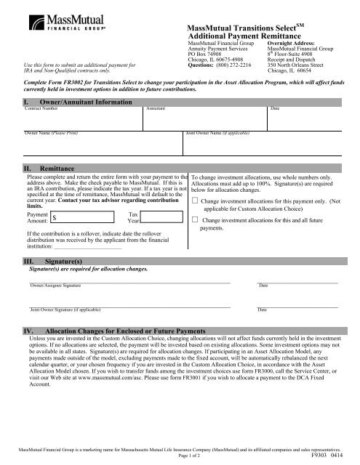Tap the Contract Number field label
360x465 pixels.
click(x=41, y=108)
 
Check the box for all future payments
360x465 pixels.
click(x=195, y=219)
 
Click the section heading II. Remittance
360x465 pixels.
click(x=47, y=168)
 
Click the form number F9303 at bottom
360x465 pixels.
click(x=319, y=459)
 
